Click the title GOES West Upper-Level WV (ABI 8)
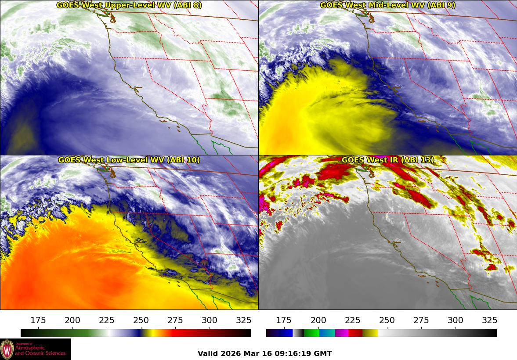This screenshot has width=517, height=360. point(129,5)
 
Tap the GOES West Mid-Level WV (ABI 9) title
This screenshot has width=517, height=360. point(387,5)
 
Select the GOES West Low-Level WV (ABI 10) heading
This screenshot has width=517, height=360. point(129,160)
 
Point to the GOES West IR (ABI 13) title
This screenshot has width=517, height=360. point(387,160)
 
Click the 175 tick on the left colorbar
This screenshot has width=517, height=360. point(39,320)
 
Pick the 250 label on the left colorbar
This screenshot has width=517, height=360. point(141,320)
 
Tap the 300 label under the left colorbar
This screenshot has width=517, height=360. point(210,320)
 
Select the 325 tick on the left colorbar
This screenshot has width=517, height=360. point(244,320)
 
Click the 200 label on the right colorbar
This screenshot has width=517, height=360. point(318,320)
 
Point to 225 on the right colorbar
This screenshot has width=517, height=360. point(353,320)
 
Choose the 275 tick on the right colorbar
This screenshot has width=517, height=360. point(421,320)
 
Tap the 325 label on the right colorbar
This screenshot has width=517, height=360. point(490,320)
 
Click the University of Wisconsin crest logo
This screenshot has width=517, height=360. point(7,349)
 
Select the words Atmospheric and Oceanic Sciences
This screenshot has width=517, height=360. point(40,350)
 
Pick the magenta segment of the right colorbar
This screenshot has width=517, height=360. point(342,333)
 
